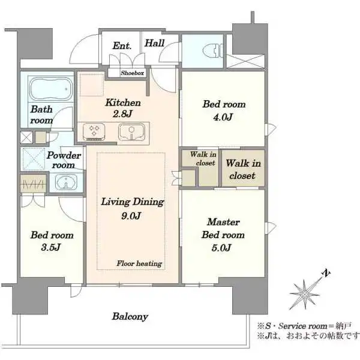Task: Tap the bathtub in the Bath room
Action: coord(51,89)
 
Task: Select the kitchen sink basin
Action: coord(131,132)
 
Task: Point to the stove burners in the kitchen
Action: coord(94,131)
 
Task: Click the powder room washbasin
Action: coord(67,181)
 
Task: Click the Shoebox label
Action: coord(133,73)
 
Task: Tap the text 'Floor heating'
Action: coord(139,263)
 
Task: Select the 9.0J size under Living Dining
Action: coord(131,216)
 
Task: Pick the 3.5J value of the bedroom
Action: coord(51,247)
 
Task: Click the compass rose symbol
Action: coord(305,294)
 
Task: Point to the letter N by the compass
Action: coord(326,274)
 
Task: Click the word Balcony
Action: coord(130,317)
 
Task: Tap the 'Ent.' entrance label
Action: coord(122,46)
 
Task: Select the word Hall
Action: coord(155,43)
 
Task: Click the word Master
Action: coord(223,222)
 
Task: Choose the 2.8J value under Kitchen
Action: coord(122,114)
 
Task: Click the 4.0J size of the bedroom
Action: coord(223,117)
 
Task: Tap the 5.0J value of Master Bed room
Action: coord(221,248)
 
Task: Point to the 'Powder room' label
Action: coord(64,160)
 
